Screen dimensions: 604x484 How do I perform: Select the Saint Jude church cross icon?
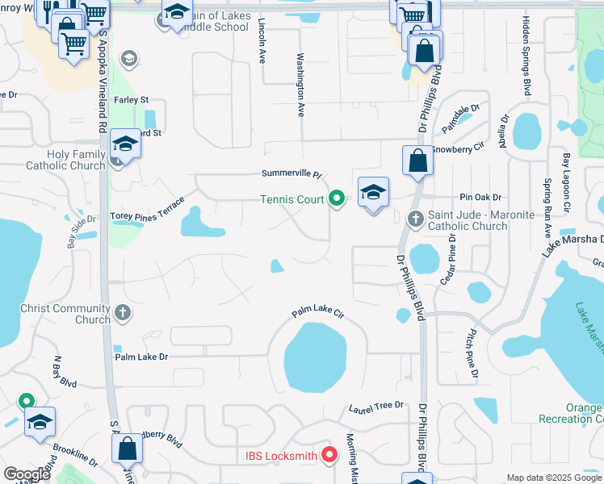pos(415,218)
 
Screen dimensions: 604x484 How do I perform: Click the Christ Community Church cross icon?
pos(122,311)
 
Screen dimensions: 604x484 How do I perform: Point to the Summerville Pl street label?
pos(291,174)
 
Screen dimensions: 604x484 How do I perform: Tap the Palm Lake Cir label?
pos(317,312)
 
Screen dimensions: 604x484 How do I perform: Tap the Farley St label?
pos(132,100)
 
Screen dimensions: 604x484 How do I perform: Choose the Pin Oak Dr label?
pos(480,197)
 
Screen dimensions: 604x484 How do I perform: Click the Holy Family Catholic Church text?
pos(66,160)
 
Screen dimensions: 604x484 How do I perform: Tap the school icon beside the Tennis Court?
pos(373,194)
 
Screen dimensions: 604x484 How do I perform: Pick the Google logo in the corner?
pos(27,474)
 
